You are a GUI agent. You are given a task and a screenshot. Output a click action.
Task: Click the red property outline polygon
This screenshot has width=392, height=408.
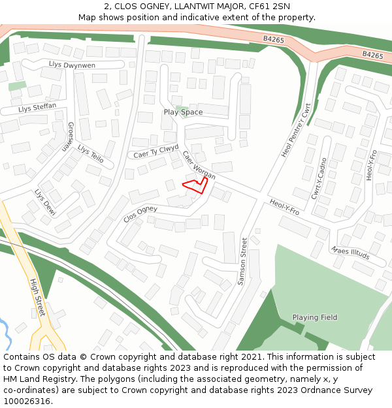(196, 186)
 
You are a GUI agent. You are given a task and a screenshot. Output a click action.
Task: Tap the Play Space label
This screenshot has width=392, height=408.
(183, 112)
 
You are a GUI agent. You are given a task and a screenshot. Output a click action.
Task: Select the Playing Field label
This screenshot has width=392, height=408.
(315, 318)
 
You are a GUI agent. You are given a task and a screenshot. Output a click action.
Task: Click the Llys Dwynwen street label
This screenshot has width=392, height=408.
(72, 65)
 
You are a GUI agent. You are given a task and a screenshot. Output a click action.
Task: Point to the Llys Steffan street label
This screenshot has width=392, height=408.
(37, 107)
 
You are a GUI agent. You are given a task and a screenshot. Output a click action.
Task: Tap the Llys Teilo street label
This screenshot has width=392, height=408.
(91, 153)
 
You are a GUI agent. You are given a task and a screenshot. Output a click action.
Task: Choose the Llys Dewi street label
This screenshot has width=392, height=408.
(45, 202)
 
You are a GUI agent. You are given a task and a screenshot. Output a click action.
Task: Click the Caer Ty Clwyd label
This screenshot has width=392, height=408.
(155, 151)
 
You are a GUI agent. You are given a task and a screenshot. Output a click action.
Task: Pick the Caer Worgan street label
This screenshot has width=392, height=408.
(199, 166)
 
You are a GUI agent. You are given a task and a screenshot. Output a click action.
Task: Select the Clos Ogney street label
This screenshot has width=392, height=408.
(140, 213)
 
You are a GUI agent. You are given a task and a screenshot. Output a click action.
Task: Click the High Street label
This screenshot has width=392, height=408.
(38, 298)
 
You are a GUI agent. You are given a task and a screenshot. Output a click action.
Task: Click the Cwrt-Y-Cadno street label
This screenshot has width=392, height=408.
(318, 178)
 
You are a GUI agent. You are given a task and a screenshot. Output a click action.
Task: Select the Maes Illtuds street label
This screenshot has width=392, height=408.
(350, 253)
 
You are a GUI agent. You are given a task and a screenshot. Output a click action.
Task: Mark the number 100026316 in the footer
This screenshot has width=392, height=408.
(27, 401)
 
